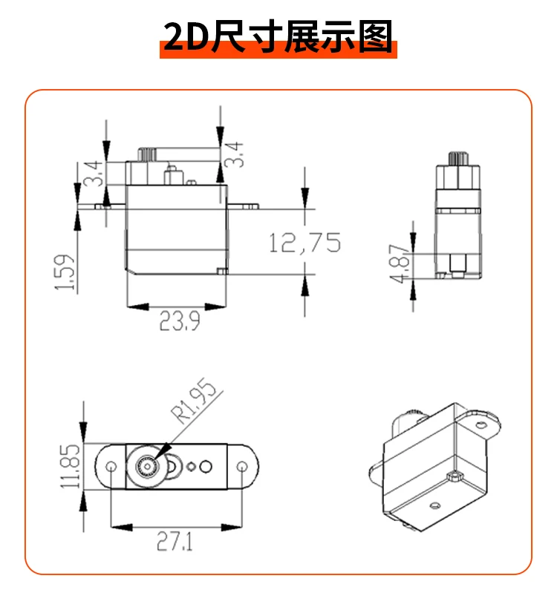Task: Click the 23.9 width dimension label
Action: pos(179,321)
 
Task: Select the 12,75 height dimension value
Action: pos(304,242)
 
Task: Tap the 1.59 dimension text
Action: pos(65,273)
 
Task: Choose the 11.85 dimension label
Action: pos(71,466)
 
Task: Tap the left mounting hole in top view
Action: pos(111,467)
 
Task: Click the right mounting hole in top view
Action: pos(243,467)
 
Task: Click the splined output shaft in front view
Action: pos(146,154)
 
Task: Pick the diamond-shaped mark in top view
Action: pos(192,467)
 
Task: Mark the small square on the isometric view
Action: pos(451,475)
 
